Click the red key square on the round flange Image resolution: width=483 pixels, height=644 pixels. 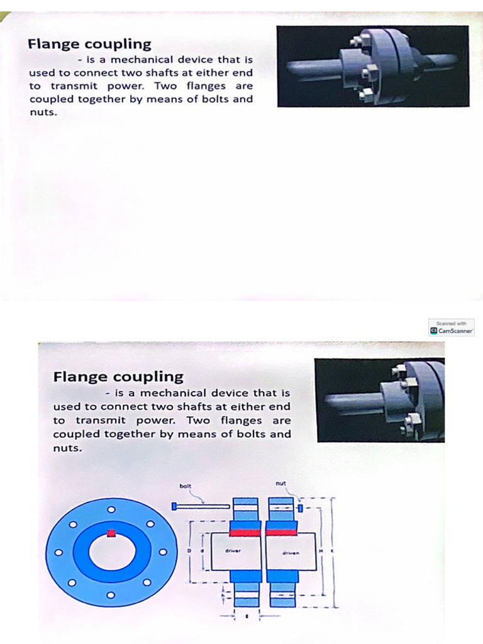tap(112, 534)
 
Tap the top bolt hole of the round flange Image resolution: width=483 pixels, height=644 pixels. tap(111, 509)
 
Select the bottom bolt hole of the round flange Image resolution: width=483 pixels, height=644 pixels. tap(111, 594)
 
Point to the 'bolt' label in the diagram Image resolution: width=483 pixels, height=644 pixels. tap(186, 486)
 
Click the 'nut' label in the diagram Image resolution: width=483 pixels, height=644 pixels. tap(280, 483)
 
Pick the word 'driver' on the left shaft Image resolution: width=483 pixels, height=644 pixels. tap(233, 550)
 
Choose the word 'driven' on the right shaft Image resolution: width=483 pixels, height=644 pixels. tap(290, 553)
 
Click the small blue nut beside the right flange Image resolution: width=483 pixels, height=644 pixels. tap(301, 507)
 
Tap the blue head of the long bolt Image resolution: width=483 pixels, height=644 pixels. tap(174, 506)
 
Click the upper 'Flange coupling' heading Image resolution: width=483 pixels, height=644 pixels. tap(89, 44)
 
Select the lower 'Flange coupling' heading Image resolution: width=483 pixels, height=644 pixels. tap(118, 377)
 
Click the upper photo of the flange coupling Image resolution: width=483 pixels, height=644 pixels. tap(372, 66)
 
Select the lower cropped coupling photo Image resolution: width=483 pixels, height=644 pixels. tap(380, 400)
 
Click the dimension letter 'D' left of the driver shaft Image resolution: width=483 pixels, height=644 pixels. tap(189, 550)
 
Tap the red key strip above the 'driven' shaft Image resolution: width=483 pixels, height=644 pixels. tap(281, 533)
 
